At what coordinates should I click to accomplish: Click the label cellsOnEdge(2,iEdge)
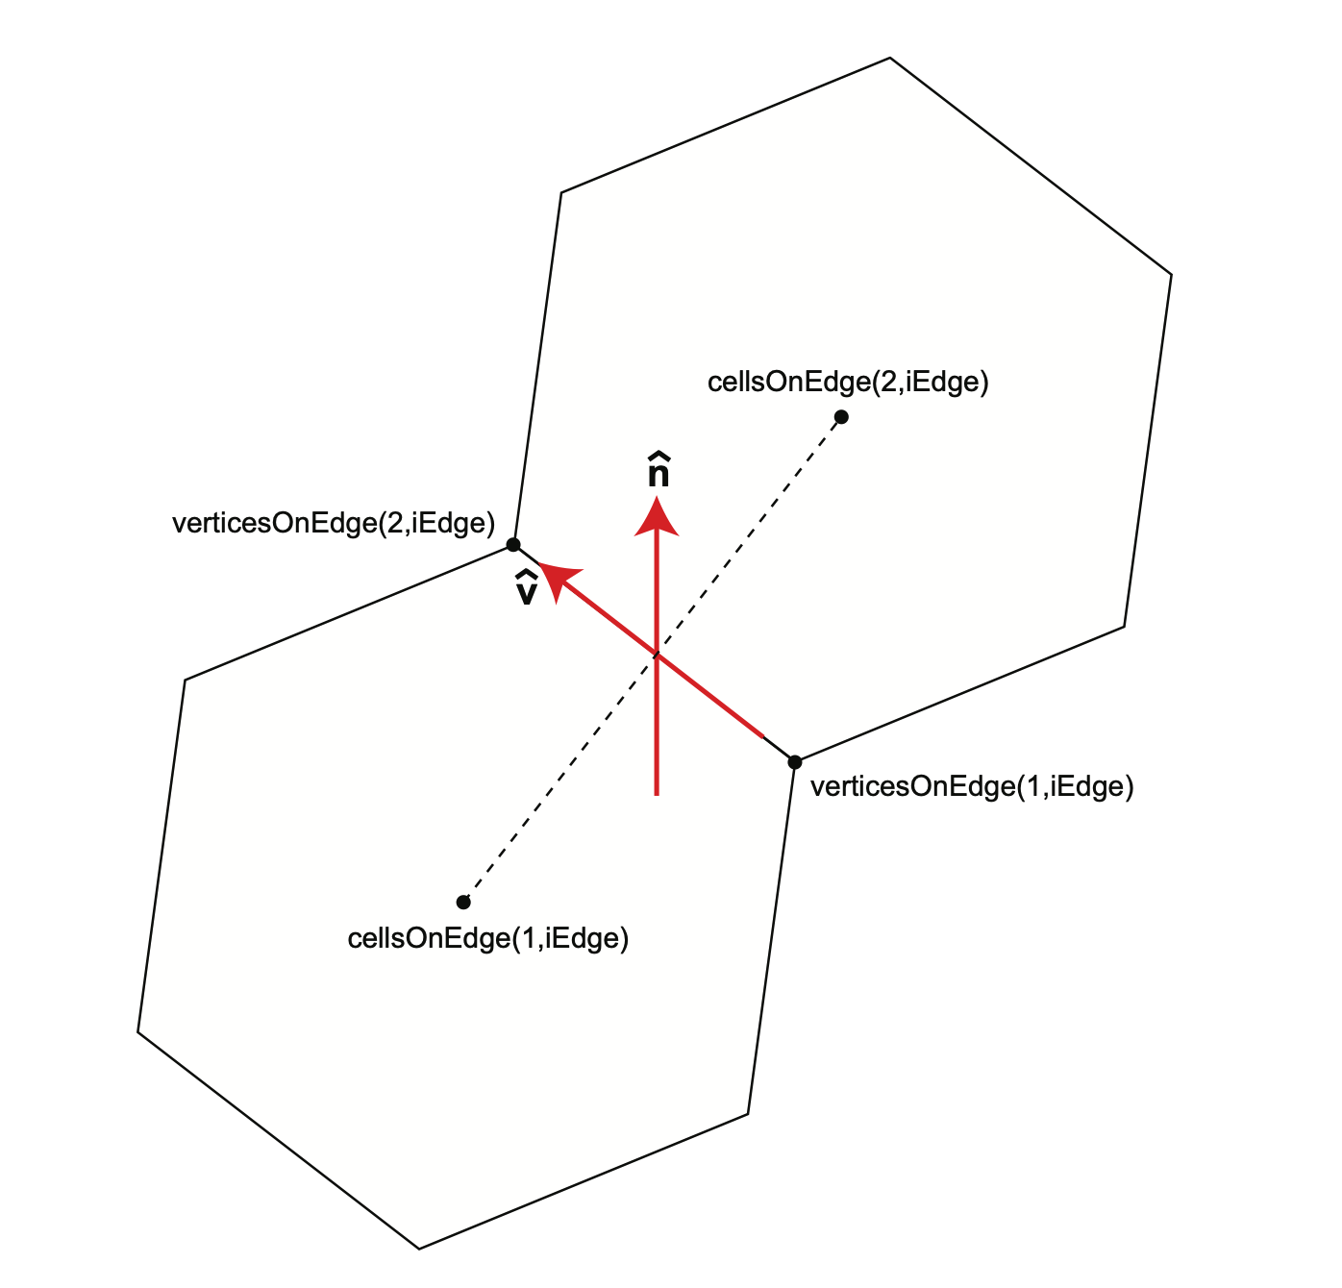pyautogui.click(x=848, y=382)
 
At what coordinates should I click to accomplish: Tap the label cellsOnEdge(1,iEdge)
pyautogui.click(x=488, y=938)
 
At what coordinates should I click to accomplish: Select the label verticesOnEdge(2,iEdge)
pyautogui.click(x=334, y=523)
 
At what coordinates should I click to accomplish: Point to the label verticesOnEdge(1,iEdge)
pyautogui.click(x=972, y=786)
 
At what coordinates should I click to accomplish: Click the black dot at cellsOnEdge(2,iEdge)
pyautogui.click(x=841, y=416)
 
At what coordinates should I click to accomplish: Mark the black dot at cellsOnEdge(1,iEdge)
pyautogui.click(x=463, y=902)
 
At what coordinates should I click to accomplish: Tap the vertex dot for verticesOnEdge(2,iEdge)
pyautogui.click(x=513, y=545)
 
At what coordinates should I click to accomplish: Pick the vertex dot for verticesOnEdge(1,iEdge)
pyautogui.click(x=794, y=762)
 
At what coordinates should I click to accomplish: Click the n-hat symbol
pyautogui.click(x=659, y=470)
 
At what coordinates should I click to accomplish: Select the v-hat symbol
pyautogui.click(x=526, y=588)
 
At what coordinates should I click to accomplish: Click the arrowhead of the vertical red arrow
pyautogui.click(x=657, y=517)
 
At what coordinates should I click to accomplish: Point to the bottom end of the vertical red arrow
pyautogui.click(x=657, y=796)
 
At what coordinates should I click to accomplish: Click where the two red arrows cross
pyautogui.click(x=657, y=655)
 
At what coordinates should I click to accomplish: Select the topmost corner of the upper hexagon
pyautogui.click(x=889, y=58)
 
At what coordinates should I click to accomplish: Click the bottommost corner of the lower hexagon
pyautogui.click(x=418, y=1249)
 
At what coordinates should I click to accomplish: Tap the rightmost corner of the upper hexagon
pyautogui.click(x=1172, y=275)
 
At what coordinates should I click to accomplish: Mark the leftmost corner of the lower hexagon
pyautogui.click(x=137, y=1032)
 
